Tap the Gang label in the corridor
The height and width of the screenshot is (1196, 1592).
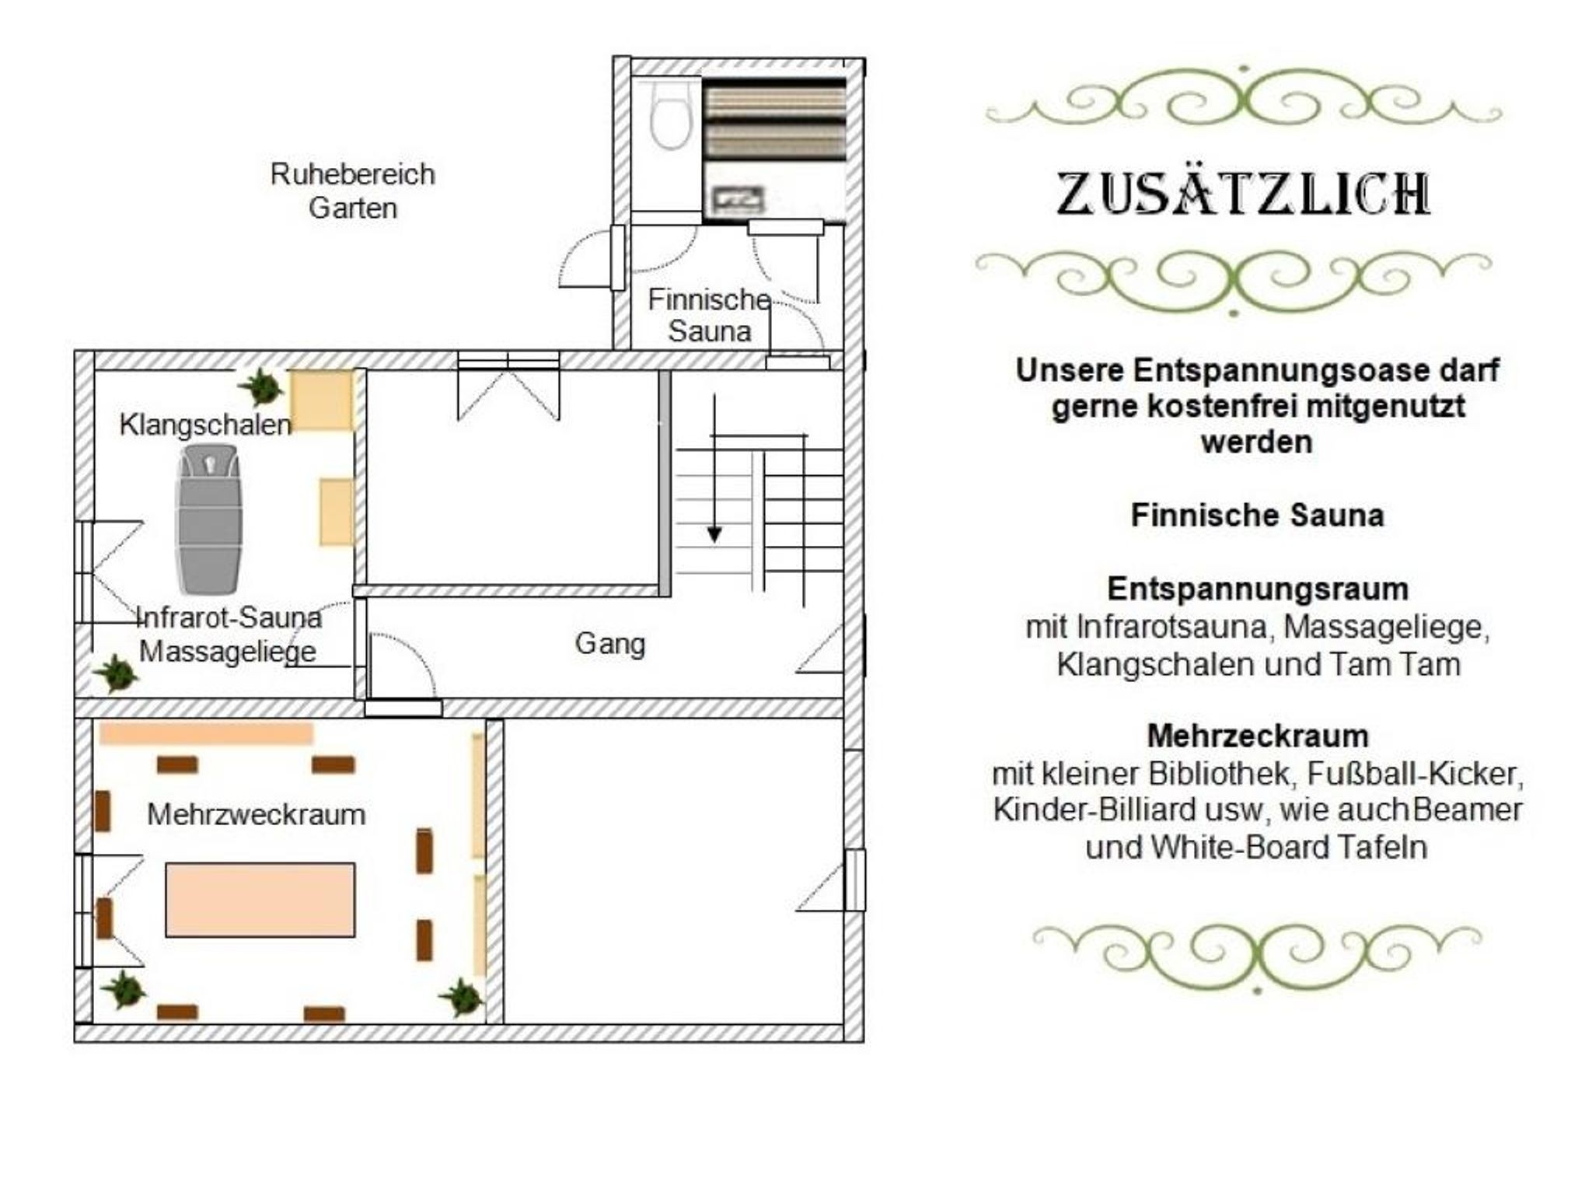(610, 644)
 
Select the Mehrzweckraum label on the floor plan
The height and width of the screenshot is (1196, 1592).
(257, 814)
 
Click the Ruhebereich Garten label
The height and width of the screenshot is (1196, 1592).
(352, 191)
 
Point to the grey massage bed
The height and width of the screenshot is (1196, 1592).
(209, 519)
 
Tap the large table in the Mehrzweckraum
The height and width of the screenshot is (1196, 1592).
(260, 900)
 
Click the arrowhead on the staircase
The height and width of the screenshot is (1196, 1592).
(714, 534)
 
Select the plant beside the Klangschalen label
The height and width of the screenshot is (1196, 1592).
(260, 386)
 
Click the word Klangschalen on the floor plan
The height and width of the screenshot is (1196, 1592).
(205, 425)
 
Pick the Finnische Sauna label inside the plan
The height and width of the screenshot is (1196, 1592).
(710, 315)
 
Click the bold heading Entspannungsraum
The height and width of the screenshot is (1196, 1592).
(1258, 589)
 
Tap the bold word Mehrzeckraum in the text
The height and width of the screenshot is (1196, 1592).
(1258, 736)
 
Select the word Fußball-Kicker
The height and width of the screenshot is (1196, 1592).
(1416, 774)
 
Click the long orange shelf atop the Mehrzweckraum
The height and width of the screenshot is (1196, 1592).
(206, 733)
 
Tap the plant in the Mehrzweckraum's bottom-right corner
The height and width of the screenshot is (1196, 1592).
(462, 997)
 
